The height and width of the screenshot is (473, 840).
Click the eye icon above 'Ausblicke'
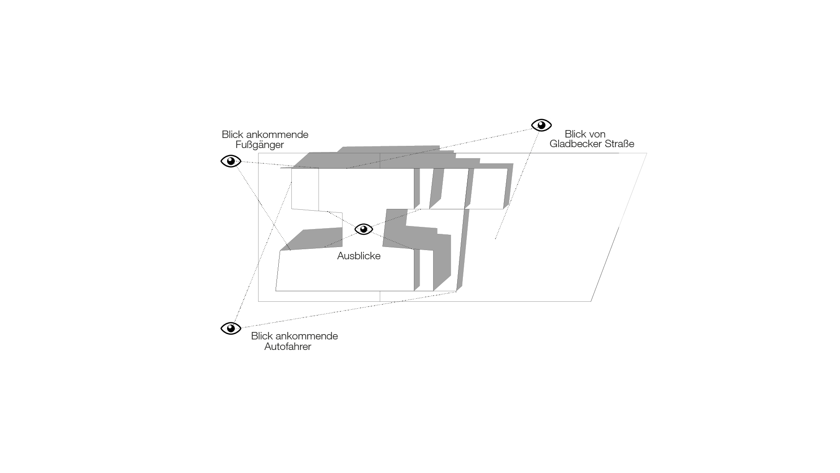click(x=364, y=229)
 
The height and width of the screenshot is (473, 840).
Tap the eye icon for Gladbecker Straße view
click(x=541, y=125)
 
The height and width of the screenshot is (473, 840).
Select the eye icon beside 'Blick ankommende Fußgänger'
click(x=231, y=161)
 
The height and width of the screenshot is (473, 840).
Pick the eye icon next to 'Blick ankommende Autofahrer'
click(x=231, y=328)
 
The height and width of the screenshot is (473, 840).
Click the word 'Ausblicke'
click(x=359, y=256)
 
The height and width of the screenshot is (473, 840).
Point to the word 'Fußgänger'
click(x=259, y=145)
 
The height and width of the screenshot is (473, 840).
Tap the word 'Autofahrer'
click(x=287, y=346)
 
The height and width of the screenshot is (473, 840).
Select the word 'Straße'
click(x=619, y=144)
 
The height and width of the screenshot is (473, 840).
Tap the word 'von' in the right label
click(x=597, y=134)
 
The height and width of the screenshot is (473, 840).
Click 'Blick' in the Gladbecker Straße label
click(x=575, y=134)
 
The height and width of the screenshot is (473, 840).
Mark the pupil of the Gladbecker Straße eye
click(x=542, y=125)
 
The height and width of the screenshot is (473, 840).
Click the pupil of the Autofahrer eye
click(x=231, y=328)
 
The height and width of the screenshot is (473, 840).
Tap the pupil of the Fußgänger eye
click(x=231, y=161)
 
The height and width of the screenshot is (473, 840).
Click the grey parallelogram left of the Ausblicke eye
click(x=319, y=239)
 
